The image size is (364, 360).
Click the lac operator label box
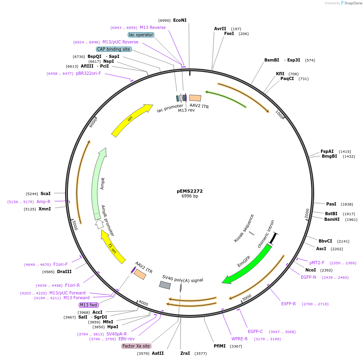(141, 35)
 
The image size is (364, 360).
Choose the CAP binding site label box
(114, 49)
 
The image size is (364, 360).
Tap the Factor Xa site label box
(136, 346)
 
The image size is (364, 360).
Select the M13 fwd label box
(89, 305)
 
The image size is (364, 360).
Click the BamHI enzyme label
(332, 219)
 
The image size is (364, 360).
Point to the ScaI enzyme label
(45, 193)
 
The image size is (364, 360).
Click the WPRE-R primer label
(239, 339)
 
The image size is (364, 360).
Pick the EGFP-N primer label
(309, 277)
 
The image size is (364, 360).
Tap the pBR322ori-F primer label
(88, 73)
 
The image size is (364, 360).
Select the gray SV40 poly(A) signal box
(165, 285)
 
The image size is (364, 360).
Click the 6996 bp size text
(190, 196)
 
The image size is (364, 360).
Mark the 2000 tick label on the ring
(307, 213)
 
